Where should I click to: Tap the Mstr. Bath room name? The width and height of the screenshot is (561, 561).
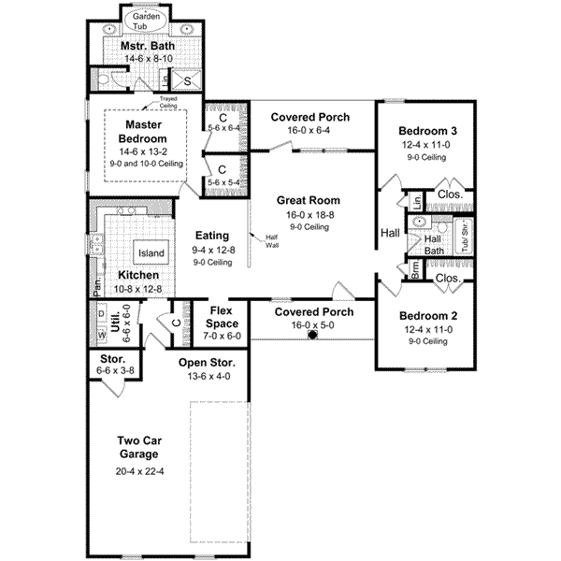[143, 45]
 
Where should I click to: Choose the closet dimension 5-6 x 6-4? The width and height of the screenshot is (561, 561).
[223, 128]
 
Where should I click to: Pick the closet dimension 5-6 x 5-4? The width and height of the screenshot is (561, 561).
[223, 181]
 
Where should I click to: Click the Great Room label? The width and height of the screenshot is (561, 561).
[308, 200]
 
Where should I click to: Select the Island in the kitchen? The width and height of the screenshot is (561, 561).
[151, 253]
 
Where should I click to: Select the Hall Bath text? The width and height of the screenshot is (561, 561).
[433, 245]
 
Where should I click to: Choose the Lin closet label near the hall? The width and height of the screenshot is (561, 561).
[413, 200]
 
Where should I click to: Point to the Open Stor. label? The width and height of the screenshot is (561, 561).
[209, 363]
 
